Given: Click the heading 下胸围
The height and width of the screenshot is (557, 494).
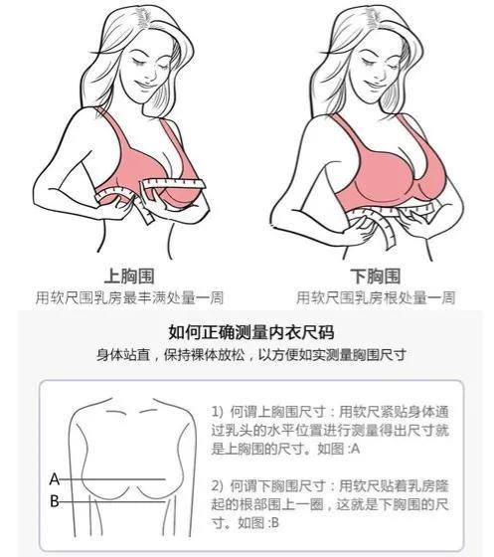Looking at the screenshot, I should (x=377, y=276).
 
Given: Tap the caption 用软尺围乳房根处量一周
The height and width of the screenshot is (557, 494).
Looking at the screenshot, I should (x=377, y=297).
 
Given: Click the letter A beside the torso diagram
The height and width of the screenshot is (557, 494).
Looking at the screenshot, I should (x=55, y=478).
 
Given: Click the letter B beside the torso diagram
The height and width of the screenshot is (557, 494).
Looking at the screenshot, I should (x=55, y=501).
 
